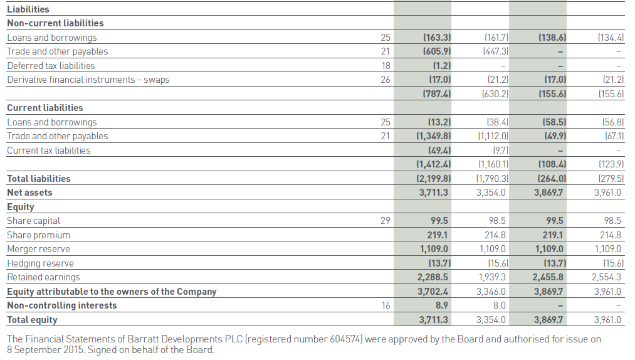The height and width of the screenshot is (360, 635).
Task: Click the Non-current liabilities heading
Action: (55, 23)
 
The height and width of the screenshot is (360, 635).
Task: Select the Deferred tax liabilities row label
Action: (51, 65)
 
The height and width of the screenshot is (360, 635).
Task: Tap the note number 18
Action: (386, 65)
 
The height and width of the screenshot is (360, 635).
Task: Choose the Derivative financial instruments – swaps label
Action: (88, 80)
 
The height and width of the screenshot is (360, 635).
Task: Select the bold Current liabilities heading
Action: (45, 108)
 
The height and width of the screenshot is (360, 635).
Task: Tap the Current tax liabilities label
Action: (48, 151)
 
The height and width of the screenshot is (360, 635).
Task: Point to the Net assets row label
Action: (29, 193)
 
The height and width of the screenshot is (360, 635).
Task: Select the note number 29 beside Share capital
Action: (386, 221)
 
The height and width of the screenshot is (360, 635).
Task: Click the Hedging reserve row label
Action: (40, 263)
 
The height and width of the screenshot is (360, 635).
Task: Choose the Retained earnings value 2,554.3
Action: (606, 277)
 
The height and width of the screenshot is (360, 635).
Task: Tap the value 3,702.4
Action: (433, 292)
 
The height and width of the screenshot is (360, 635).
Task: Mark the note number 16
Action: (386, 305)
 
